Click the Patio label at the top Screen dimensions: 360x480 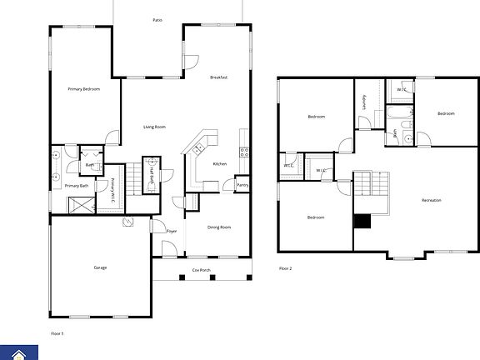[157, 19]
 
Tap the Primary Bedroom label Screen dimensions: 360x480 [84, 88]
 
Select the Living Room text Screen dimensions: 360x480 [154, 127]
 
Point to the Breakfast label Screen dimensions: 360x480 [219, 77]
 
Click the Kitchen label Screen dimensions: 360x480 [220, 163]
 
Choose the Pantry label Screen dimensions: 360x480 [242, 184]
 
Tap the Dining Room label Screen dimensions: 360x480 [219, 227]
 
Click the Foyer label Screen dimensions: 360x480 [172, 231]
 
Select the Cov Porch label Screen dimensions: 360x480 [201, 270]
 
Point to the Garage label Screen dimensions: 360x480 [99, 267]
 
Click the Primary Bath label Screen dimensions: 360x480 [77, 186]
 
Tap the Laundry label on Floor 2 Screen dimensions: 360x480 [364, 101]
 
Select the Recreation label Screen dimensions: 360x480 [431, 201]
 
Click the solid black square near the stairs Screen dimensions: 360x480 [362, 221]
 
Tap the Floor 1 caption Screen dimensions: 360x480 [57, 333]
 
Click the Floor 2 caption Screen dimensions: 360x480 [285, 268]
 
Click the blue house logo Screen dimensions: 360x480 [13, 352]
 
